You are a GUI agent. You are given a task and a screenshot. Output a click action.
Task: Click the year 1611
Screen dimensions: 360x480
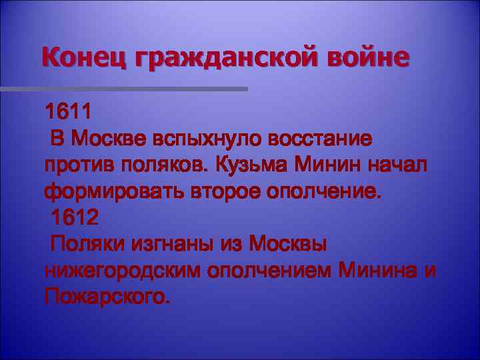[x=67, y=111]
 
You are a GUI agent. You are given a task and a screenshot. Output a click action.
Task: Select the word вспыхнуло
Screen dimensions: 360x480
[x=207, y=139]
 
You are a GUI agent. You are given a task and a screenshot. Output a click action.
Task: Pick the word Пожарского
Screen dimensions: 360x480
[x=107, y=297]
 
